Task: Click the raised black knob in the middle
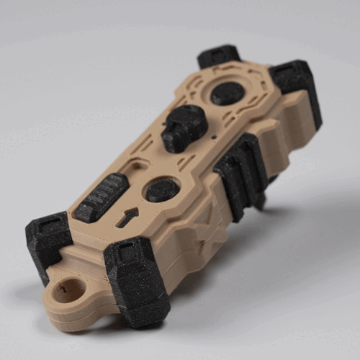coord(184,126)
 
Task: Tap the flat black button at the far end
coord(227,93)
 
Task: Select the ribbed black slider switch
coord(101,197)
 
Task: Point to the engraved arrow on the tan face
coord(129,215)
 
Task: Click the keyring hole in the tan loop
coord(69,291)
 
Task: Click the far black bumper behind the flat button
coord(219,55)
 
